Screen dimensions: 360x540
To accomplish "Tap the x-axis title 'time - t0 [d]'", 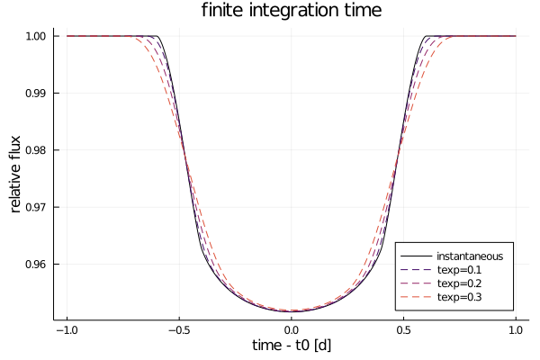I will coord(292,346).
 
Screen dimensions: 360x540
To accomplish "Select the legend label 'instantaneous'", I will coord(470,256).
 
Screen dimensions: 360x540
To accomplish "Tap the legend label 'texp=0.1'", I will coord(459,270).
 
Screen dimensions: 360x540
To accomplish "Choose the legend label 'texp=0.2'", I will coord(459,283).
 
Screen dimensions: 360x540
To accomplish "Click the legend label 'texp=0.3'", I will coord(459,297).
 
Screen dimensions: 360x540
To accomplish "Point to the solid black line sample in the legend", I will coord(416,256).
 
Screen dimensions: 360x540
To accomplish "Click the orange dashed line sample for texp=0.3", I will coord(416,297).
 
